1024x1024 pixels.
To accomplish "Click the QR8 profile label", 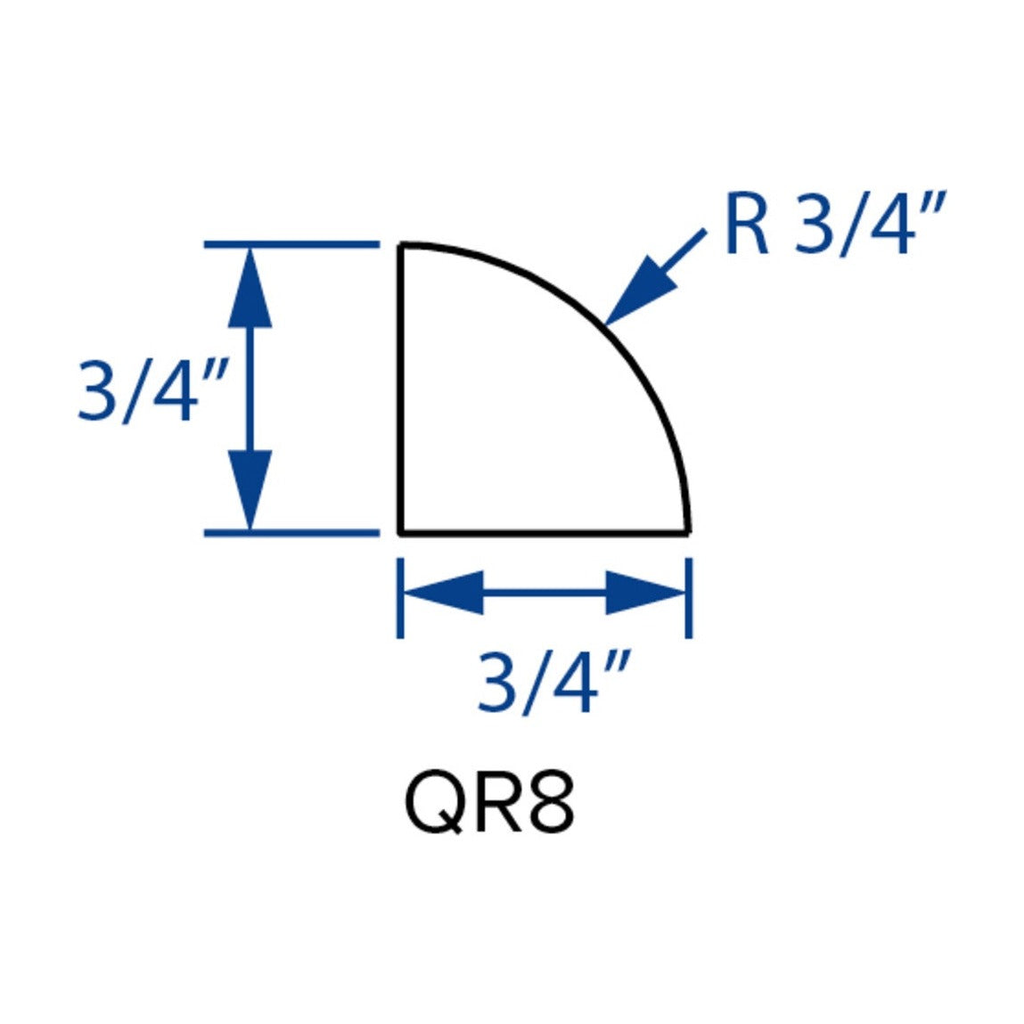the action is point(490,805).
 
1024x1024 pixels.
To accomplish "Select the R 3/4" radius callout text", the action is point(835,224).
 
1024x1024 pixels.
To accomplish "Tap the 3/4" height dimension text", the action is point(152,392).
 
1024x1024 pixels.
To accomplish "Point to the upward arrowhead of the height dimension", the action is point(250,287).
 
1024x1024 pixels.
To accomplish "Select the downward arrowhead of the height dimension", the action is point(250,490).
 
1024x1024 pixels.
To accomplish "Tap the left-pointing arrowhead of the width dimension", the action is point(444,593).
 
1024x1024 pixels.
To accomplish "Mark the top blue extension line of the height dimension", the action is point(292,245).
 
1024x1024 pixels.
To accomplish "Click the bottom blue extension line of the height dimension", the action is point(292,533).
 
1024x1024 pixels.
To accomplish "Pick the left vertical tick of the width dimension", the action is point(400,597).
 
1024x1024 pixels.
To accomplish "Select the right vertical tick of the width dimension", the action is point(689,597).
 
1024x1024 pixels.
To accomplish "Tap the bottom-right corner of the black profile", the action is point(688,533).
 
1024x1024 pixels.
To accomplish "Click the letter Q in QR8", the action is point(434,806).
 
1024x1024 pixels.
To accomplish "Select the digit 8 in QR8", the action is point(553,805).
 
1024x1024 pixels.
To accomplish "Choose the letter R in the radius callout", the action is point(747,224).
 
